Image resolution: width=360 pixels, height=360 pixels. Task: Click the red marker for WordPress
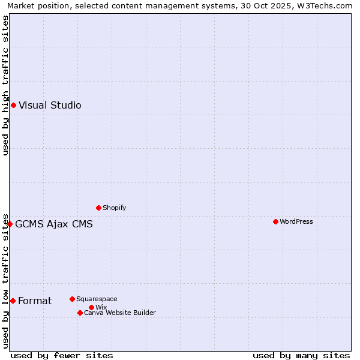(x=275, y=221)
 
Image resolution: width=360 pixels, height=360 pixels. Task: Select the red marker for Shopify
(x=98, y=208)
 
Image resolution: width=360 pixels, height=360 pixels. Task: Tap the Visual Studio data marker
(x=13, y=105)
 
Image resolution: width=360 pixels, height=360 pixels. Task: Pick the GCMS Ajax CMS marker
(x=10, y=224)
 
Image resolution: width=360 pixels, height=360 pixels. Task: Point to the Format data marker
(x=13, y=301)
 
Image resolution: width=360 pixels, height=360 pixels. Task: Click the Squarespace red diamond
(x=72, y=299)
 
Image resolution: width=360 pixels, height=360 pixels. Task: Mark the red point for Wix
(x=91, y=307)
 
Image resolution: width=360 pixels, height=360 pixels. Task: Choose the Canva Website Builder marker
(x=80, y=313)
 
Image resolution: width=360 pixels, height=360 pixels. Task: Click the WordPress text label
(x=296, y=221)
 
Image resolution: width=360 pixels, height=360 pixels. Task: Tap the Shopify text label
(x=115, y=208)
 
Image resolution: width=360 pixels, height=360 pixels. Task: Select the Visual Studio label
(x=50, y=105)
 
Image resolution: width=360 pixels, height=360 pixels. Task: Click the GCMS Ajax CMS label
(x=54, y=224)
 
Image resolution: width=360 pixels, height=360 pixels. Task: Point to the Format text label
(x=35, y=301)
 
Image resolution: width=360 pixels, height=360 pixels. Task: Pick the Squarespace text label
(x=97, y=299)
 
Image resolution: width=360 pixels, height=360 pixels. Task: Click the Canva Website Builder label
(x=120, y=313)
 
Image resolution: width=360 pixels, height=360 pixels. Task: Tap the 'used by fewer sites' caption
(x=62, y=355)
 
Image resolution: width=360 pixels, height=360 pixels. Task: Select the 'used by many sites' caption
(x=301, y=355)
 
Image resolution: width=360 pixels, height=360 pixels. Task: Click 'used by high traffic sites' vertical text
(x=6, y=85)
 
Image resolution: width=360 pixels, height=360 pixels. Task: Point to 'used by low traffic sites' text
(x=6, y=280)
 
